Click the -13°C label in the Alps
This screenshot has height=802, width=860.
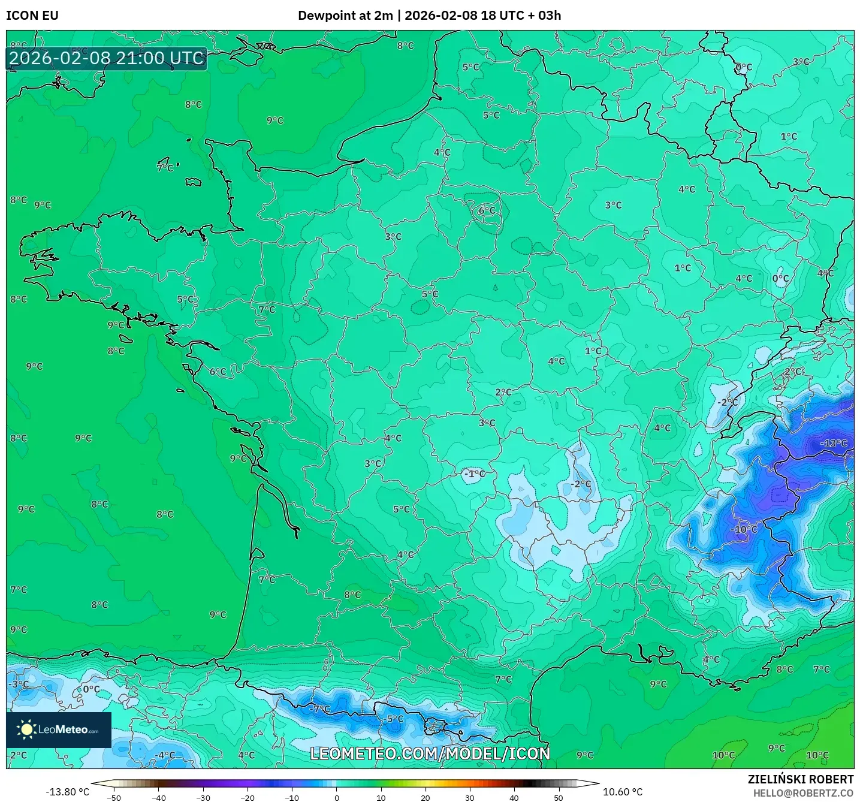834,444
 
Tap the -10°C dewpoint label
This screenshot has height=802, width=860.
744,529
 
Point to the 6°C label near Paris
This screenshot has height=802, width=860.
487,210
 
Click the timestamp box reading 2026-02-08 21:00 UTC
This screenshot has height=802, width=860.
107,58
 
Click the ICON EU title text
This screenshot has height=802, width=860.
32,16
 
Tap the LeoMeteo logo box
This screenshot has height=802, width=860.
59,729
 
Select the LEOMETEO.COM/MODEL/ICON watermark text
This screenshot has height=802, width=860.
430,753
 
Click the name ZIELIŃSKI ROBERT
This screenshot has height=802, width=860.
800,779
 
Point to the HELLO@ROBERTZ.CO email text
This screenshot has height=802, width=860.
803,793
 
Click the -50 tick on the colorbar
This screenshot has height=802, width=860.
114,797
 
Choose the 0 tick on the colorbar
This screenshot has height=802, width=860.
337,797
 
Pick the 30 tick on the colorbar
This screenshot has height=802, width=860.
469,797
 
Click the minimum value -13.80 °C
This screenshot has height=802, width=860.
67,792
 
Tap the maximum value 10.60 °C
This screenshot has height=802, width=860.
623,792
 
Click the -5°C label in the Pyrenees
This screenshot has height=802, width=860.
394,719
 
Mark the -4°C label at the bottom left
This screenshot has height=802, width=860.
165,755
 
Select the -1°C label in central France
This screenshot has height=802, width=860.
474,474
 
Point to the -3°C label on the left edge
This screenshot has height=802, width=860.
19,684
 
